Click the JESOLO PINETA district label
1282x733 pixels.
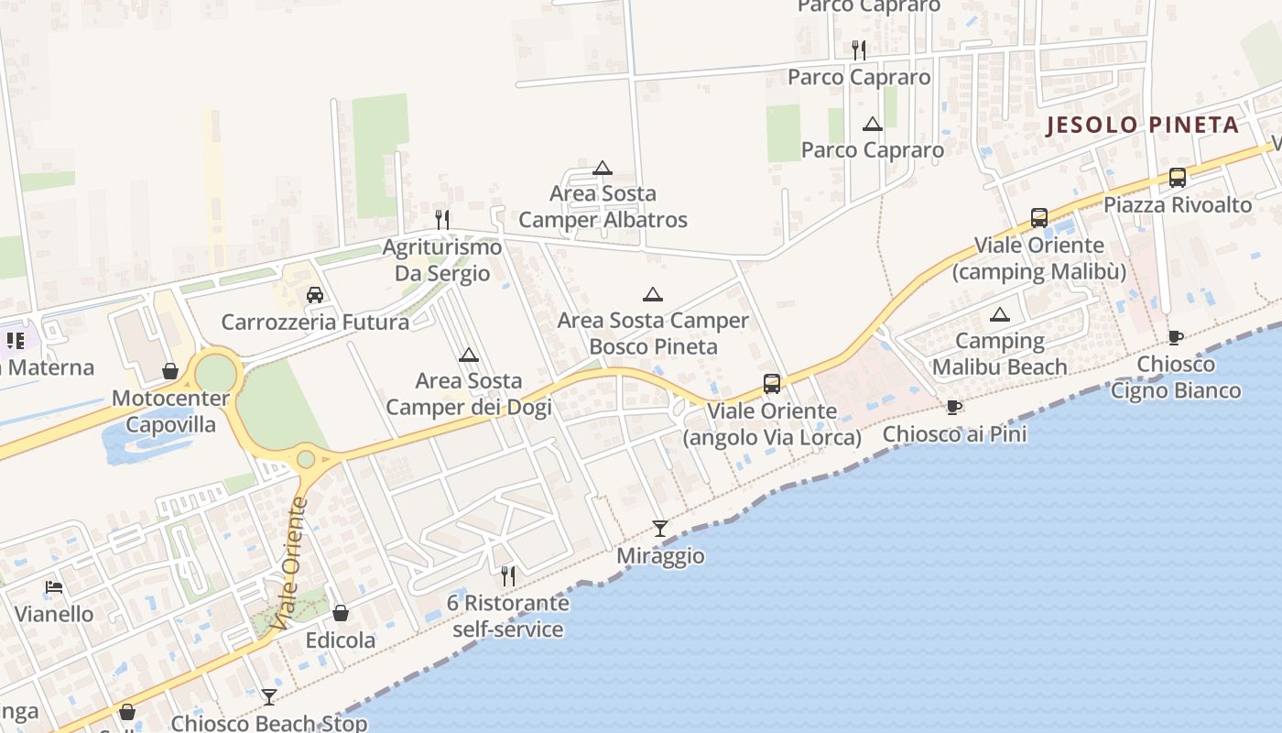pos(1143,125)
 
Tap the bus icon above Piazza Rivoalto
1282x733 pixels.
pos(1178,178)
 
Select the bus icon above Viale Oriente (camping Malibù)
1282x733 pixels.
pos(1038,218)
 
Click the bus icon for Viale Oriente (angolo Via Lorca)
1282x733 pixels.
pos(772,384)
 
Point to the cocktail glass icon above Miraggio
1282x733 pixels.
pos(659,528)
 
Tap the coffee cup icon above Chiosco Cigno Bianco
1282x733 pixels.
pos(1176,337)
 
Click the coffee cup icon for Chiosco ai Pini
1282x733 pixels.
pos(954,407)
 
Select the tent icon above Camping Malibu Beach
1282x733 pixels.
pos(1000,315)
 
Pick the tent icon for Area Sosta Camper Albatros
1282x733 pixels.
pos(602,168)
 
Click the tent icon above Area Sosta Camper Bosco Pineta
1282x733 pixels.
pos(652,294)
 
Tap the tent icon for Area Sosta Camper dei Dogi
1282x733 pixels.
pos(469,355)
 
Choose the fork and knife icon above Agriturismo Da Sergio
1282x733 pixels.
pos(442,219)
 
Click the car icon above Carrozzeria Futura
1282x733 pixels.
pos(315,295)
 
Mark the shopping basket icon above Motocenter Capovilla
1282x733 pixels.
pos(170,371)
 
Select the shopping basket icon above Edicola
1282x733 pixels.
pos(341,613)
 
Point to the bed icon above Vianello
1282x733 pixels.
pos(54,587)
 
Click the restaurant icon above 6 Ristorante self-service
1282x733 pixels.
pos(507,576)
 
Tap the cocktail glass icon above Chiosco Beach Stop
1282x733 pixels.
pos(268,697)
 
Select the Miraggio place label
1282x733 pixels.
pos(660,556)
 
